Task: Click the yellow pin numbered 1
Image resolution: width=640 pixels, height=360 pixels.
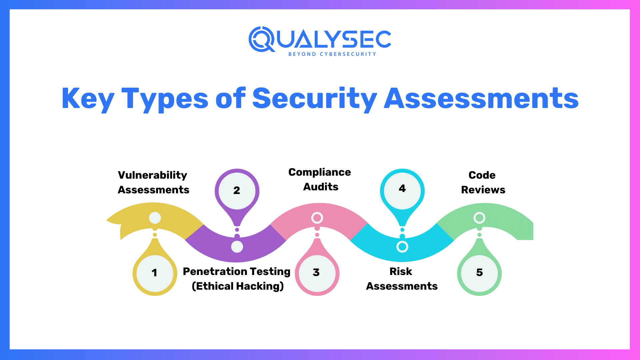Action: (x=155, y=273)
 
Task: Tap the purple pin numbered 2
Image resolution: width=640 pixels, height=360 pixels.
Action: (x=237, y=190)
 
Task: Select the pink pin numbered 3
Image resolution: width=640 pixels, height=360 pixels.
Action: (x=317, y=273)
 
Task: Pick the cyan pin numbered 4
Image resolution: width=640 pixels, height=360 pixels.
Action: (x=402, y=189)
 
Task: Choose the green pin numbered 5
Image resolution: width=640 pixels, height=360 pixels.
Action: (x=479, y=273)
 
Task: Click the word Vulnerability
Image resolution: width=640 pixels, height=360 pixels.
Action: (x=153, y=175)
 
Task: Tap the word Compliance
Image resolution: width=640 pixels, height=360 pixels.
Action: (x=319, y=172)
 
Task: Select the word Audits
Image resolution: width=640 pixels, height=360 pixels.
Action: (x=321, y=187)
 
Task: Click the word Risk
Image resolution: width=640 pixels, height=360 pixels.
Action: (x=401, y=272)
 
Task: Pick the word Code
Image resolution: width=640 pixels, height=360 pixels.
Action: (x=482, y=175)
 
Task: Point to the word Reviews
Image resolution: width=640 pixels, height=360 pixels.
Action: (x=483, y=190)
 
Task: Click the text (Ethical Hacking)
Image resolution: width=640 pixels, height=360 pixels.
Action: (x=238, y=286)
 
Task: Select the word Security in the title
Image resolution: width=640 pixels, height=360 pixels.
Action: (x=314, y=99)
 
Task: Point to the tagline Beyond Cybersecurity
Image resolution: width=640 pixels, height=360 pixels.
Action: (x=332, y=54)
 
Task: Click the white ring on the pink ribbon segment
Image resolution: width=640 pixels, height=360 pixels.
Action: (x=317, y=218)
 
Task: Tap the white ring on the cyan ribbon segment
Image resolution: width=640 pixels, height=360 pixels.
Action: (x=402, y=247)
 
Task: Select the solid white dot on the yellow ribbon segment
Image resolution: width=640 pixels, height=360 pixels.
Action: (x=155, y=218)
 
